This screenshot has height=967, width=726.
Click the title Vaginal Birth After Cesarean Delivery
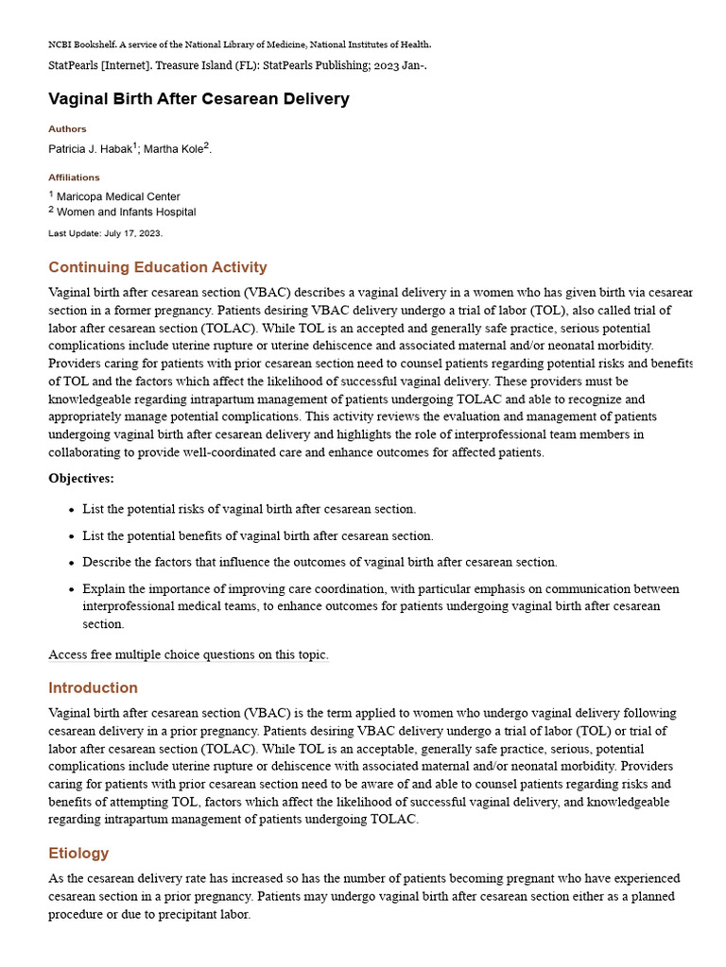coord(199,99)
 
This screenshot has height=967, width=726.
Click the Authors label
coord(67,128)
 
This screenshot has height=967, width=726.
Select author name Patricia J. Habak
coord(90,149)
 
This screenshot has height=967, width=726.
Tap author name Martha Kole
coord(173,149)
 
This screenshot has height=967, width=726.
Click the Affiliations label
coord(74,177)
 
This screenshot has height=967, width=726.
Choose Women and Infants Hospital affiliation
coord(126,212)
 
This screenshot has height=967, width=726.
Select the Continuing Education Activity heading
coord(157,267)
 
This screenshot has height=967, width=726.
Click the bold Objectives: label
coord(81,479)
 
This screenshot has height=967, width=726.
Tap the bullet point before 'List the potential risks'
coord(71,510)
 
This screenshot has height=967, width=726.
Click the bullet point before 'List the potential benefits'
coord(71,536)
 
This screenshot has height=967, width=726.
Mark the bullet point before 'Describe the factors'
coord(71,563)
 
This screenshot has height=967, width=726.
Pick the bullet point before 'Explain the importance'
coord(71,589)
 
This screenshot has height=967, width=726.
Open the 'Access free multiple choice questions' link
coord(188,654)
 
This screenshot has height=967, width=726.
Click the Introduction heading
coord(93,687)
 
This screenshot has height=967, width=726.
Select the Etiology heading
coord(78,853)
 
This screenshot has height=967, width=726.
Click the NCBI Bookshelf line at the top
coord(239,44)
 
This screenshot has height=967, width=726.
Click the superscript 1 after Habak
coord(134,145)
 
